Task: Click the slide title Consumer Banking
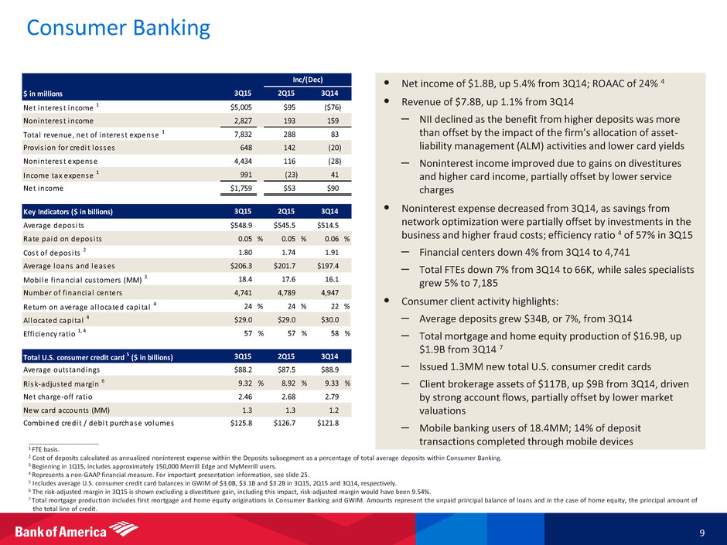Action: pyautogui.click(x=118, y=28)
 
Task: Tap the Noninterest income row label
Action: pyautogui.click(x=58, y=121)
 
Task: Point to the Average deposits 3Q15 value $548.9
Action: pyautogui.click(x=246, y=224)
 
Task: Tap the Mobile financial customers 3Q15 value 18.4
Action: pyautogui.click(x=251, y=280)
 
